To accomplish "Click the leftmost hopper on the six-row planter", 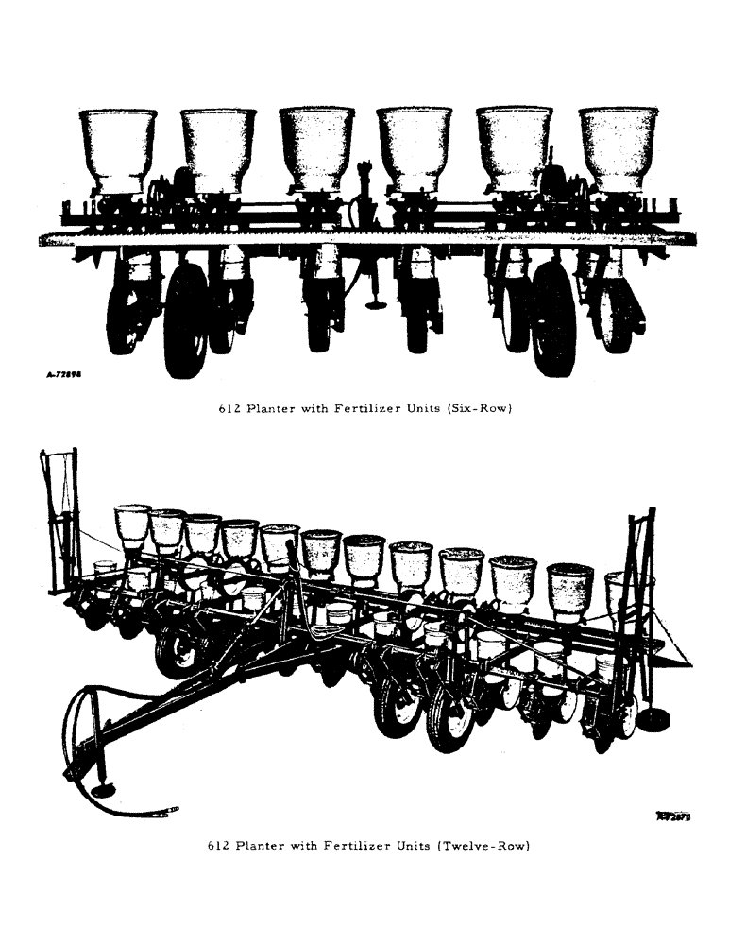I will tap(117, 148).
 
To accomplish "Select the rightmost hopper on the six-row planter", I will tap(618, 148).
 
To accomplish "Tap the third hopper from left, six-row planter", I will tap(316, 148).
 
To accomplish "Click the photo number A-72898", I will tap(67, 375).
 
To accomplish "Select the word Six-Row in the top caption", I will tap(479, 410).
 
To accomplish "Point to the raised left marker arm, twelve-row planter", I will tap(59, 520).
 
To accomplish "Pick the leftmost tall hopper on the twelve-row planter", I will tap(132, 524).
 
